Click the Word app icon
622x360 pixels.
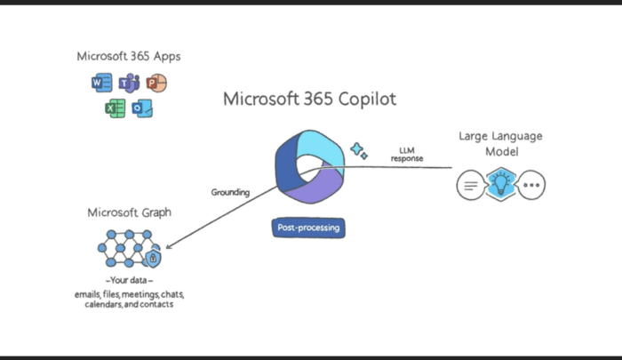[100, 84]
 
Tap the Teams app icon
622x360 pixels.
[128, 84]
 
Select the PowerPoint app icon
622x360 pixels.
[156, 84]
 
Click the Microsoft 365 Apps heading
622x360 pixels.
[129, 56]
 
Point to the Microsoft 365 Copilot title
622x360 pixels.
[310, 98]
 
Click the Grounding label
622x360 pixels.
[230, 191]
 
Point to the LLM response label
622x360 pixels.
[406, 155]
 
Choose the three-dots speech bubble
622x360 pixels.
[531, 187]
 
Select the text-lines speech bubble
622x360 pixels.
[470, 187]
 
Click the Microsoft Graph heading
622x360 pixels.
[129, 212]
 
